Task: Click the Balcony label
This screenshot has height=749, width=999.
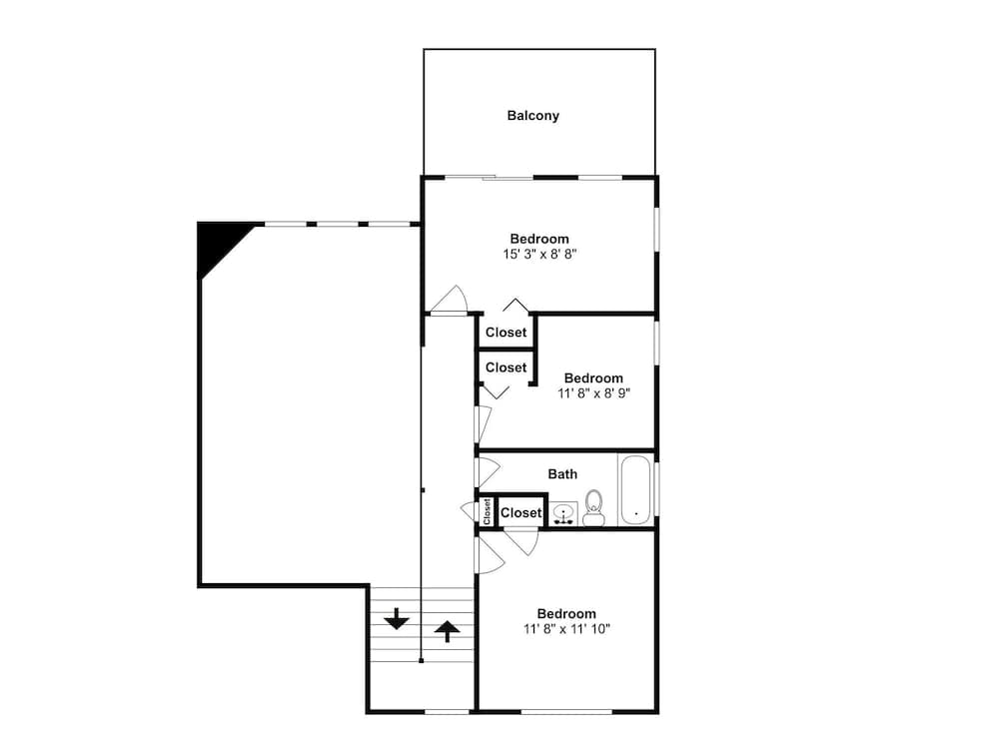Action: click(532, 116)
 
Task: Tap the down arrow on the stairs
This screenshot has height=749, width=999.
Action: click(397, 619)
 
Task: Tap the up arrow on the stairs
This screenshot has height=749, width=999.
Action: click(447, 629)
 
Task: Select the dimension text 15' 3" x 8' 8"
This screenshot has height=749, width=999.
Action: click(539, 255)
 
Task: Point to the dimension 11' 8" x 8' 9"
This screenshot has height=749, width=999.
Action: click(593, 393)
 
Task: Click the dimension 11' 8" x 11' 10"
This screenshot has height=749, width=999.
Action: click(566, 629)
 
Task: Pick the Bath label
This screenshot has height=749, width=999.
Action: click(562, 474)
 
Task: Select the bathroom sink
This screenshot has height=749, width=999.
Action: click(563, 513)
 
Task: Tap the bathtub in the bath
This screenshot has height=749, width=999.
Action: click(635, 490)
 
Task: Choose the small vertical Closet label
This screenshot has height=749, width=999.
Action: click(488, 511)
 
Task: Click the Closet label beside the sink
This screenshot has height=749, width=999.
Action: click(520, 512)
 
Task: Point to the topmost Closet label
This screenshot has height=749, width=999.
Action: click(505, 333)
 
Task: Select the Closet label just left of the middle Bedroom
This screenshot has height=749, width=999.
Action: click(505, 368)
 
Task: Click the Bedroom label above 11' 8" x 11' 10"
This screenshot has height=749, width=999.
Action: click(566, 613)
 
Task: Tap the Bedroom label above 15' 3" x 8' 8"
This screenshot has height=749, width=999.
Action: click(539, 239)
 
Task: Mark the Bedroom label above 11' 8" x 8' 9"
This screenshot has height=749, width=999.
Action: click(593, 378)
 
